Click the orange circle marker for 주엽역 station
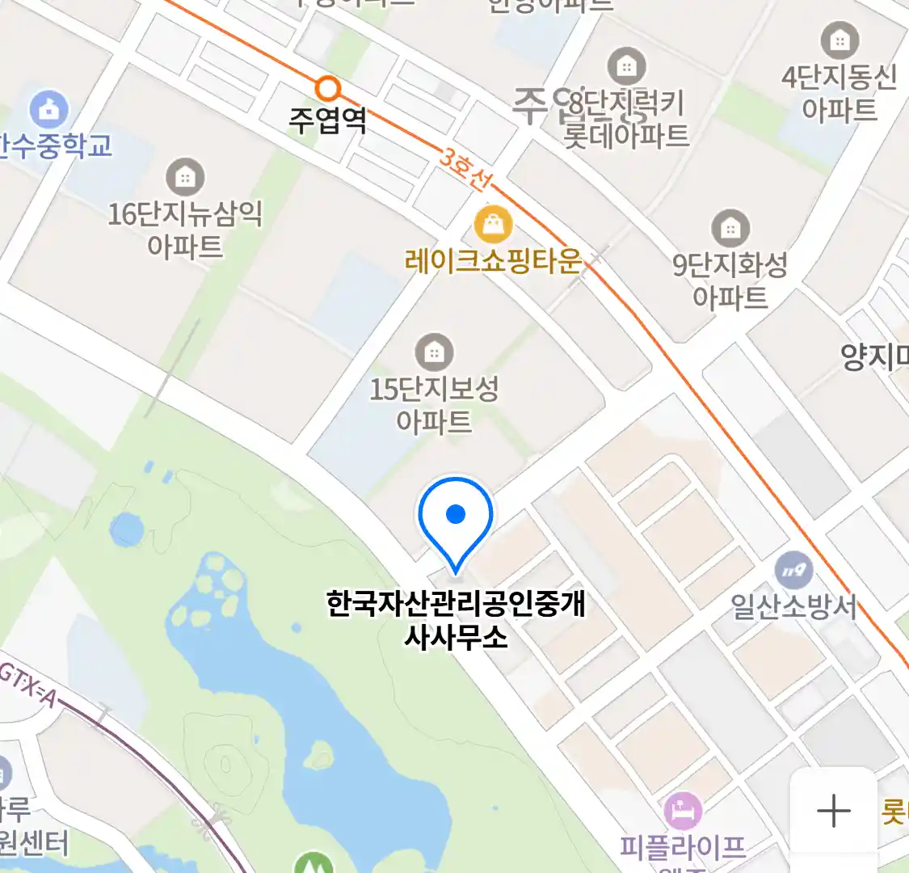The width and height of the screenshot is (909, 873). coord(327,88)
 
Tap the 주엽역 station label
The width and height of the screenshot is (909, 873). coord(328,120)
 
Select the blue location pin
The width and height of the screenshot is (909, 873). coord(456,517)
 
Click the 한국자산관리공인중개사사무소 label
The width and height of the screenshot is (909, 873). coord(456,620)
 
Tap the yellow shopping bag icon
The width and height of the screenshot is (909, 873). coord(493,224)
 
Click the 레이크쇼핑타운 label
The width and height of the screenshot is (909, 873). coord(493,261)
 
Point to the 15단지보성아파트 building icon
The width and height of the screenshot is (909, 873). coord(434,352)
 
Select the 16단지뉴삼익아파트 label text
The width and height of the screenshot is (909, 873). coord(185,230)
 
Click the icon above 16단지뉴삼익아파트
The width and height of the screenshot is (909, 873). coord(185,177)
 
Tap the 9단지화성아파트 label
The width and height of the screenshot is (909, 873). coord(730,281)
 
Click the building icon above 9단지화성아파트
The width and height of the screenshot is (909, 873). coord(730,229)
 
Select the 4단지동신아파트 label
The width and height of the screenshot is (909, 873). coord(840,93)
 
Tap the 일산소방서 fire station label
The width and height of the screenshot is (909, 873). coord(793,606)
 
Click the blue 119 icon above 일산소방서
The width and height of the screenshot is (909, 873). coord(793,571)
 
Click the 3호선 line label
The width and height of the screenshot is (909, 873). coord(465,169)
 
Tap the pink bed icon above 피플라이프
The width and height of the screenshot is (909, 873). coord(683,810)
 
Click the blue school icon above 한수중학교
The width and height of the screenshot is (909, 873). coord(48,110)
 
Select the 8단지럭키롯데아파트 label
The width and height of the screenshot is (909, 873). coord(627,119)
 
